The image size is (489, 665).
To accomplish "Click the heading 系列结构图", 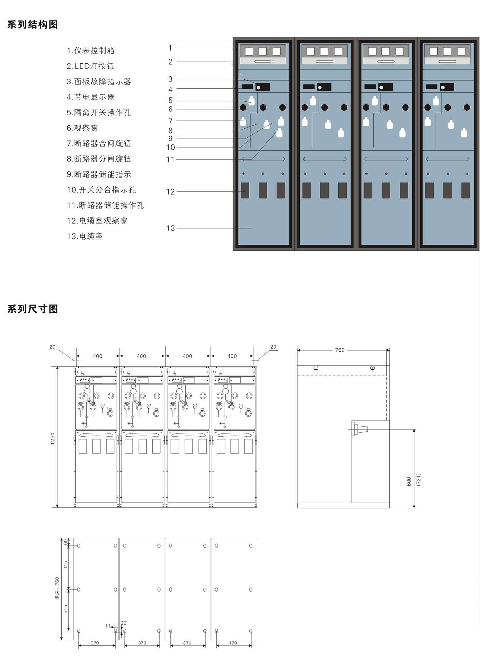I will tap(33, 25).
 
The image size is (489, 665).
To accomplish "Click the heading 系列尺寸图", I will tap(33, 309).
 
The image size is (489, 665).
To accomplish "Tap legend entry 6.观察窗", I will tap(82, 128).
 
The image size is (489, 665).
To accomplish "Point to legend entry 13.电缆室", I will tap(85, 236).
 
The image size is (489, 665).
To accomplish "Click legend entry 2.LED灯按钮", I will tap(90, 66).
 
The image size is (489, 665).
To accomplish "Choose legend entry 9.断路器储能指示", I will tap(99, 174).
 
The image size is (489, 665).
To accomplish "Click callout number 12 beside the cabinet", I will tap(170, 192).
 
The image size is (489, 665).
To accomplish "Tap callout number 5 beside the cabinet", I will tap(170, 100).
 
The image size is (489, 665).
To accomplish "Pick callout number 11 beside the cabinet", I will tap(170, 160).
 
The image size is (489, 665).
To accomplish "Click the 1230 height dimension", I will tap(53, 438).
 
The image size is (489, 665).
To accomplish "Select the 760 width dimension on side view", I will tap(340, 350).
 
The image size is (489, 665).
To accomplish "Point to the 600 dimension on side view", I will tap(409, 481).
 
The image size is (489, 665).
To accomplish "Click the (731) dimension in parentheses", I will tap(419, 480).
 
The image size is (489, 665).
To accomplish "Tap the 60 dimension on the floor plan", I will tap(65, 542).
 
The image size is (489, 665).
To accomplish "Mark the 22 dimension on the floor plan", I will tap(123, 623).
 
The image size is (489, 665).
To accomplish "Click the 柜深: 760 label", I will tap(57, 588).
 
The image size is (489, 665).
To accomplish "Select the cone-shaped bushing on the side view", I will tap(361, 429).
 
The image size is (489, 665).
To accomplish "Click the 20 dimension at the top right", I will tap(273, 347).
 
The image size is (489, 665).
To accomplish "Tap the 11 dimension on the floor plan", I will tap(108, 626).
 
